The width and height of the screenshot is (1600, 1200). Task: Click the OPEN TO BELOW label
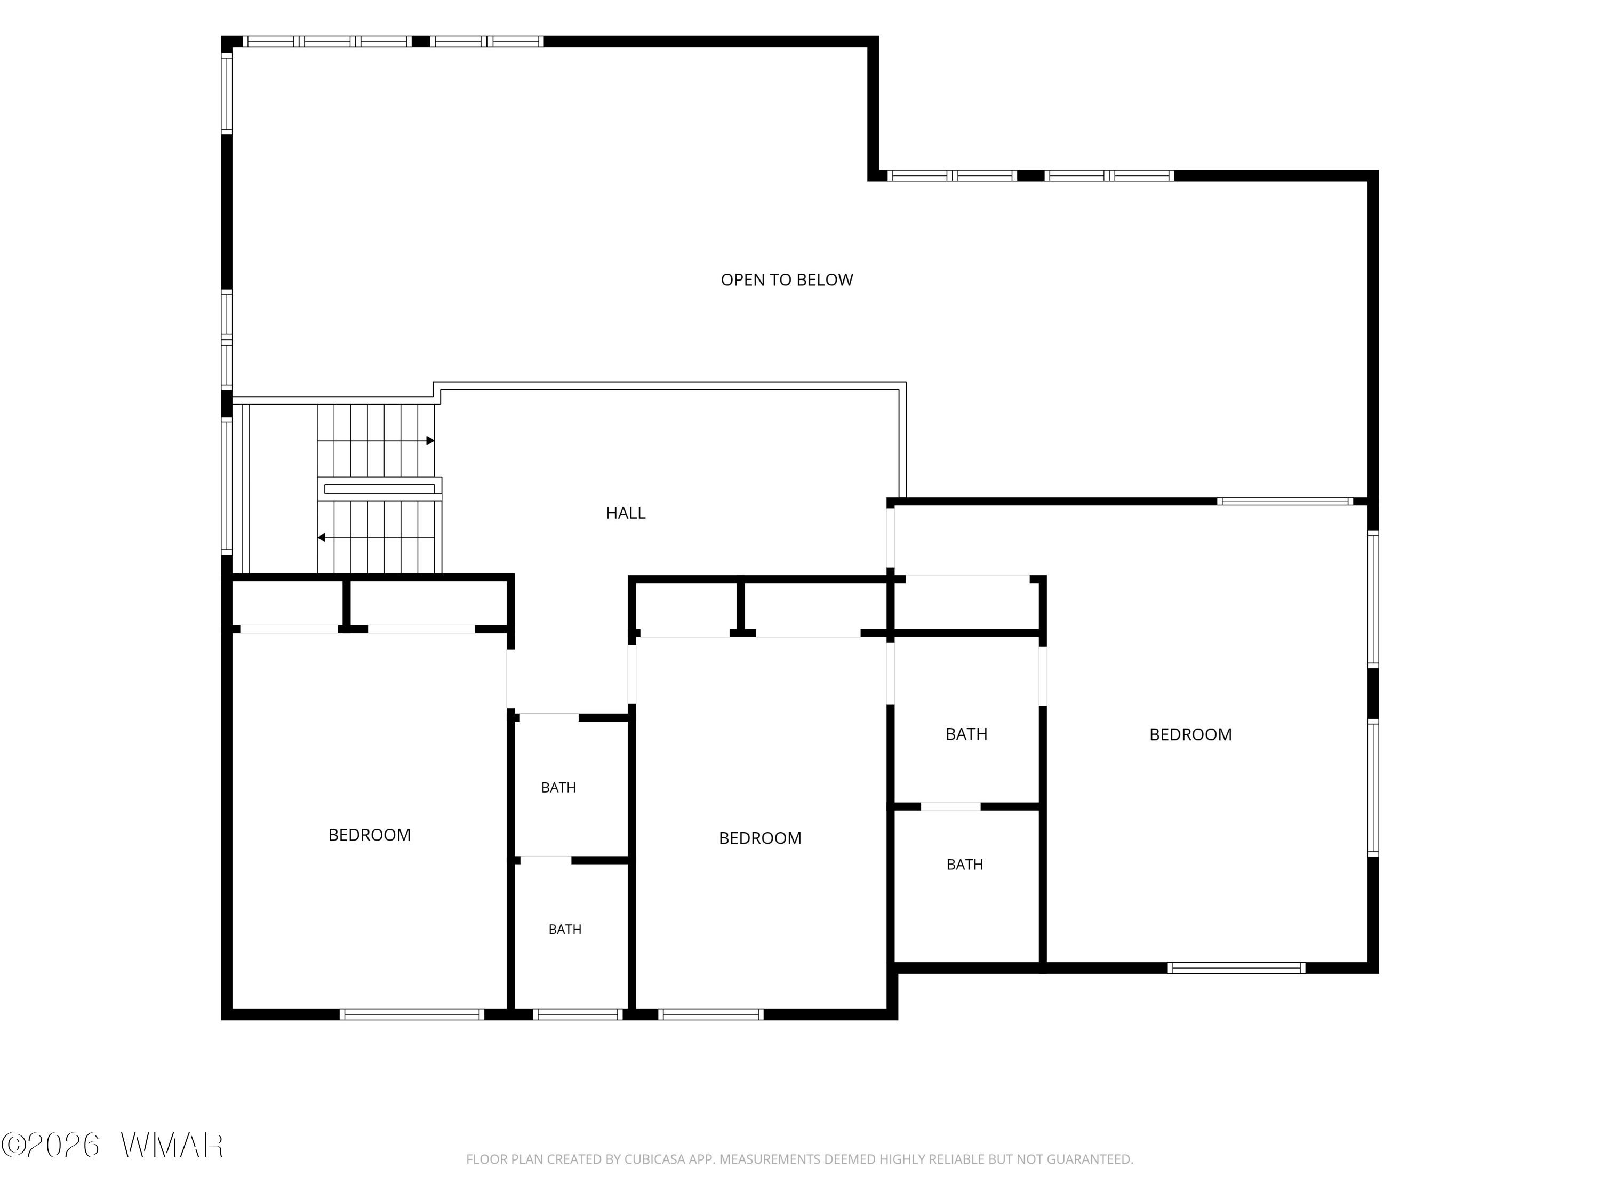787,280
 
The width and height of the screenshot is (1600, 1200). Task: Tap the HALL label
626,513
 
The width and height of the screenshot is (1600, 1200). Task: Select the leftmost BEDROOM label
370,835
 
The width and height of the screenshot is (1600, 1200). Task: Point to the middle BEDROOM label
760,838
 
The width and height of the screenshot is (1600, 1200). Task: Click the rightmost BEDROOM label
1190,734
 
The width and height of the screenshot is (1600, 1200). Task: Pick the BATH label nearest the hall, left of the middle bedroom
558,788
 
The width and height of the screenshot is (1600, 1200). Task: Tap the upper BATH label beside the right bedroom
966,734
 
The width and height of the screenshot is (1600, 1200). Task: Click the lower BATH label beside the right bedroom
965,865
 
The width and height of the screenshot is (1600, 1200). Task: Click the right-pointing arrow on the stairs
376,441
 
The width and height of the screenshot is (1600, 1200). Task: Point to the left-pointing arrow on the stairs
376,538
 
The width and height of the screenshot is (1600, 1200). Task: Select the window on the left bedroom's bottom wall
412,1014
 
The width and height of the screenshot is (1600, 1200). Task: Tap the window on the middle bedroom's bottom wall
711,1014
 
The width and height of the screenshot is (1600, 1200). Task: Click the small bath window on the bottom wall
578,1014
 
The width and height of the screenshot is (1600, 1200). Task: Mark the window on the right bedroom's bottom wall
1236,968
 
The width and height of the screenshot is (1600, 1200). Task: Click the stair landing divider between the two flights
380,489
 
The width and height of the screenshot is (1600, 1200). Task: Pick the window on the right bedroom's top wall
1285,501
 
